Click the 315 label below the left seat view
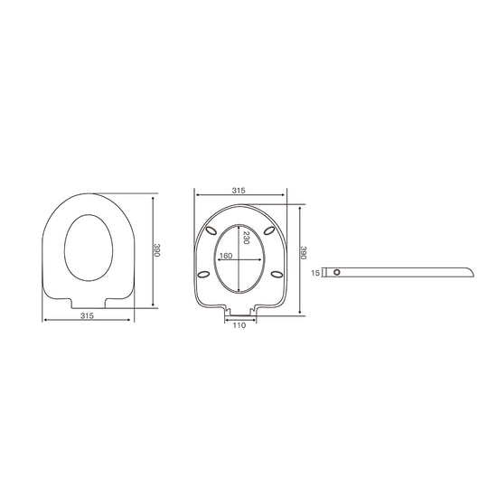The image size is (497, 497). pyautogui.click(x=87, y=315)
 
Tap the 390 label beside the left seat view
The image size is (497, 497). pyautogui.click(x=156, y=250)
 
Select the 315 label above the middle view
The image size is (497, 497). pyautogui.click(x=239, y=191)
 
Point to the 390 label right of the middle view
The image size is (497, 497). pyautogui.click(x=304, y=253)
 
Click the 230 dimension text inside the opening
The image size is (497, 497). pyautogui.click(x=246, y=238)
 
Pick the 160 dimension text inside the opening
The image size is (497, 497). pyautogui.click(x=226, y=256)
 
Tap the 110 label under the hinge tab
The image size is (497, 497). pyautogui.click(x=239, y=325)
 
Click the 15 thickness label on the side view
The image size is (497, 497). pyautogui.click(x=315, y=273)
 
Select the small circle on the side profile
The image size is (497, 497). pyautogui.click(x=337, y=272)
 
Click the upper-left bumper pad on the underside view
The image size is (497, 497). pyautogui.click(x=211, y=231)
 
